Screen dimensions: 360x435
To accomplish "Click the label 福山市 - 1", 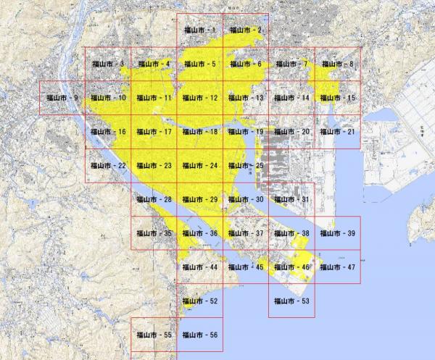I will tap(199, 30).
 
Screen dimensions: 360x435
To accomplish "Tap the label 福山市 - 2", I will tap(246, 30).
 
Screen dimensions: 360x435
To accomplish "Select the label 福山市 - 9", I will tap(62, 97).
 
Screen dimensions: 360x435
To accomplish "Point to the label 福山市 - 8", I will tap(337, 64).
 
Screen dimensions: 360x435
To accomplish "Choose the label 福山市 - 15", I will tap(337, 97).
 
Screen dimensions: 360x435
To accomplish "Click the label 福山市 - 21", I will tap(337, 132).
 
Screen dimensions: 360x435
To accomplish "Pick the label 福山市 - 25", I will tap(246, 166).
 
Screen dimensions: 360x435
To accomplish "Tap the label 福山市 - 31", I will tap(291, 199).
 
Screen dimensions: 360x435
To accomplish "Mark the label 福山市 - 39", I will tap(337, 233).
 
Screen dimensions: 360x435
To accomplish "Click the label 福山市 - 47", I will tap(337, 267).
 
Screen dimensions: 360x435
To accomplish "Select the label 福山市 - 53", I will tap(291, 301).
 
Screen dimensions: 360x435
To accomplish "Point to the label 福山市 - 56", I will tap(199, 335).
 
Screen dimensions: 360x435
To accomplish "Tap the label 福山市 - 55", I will tap(154, 335).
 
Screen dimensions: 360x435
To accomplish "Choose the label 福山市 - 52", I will tap(199, 301).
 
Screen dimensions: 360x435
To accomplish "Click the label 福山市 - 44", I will tap(199, 267).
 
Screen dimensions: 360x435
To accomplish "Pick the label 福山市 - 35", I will tap(154, 233).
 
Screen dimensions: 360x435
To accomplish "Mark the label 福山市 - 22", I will tap(108, 166).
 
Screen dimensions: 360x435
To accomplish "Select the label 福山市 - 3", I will tap(108, 64).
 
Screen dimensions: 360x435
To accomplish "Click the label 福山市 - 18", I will tap(199, 132).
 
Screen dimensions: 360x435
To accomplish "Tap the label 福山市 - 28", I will tap(154, 199).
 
